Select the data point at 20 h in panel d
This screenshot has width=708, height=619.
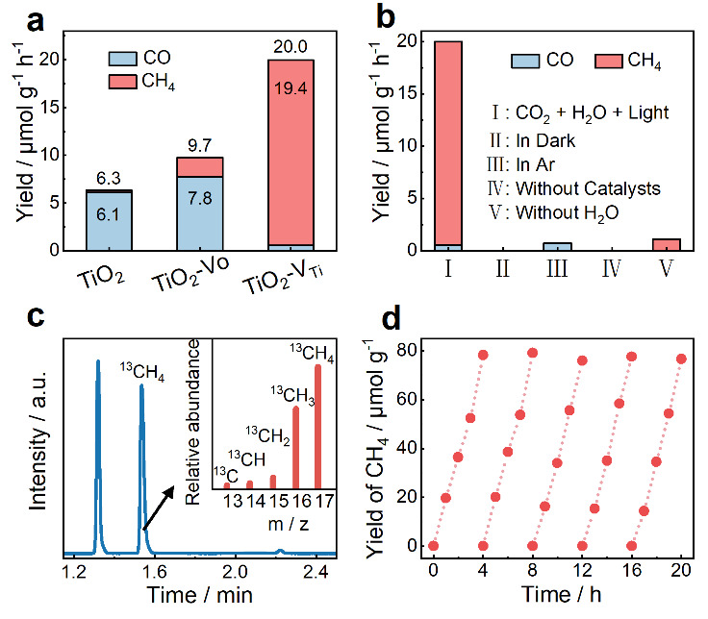[681, 359]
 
